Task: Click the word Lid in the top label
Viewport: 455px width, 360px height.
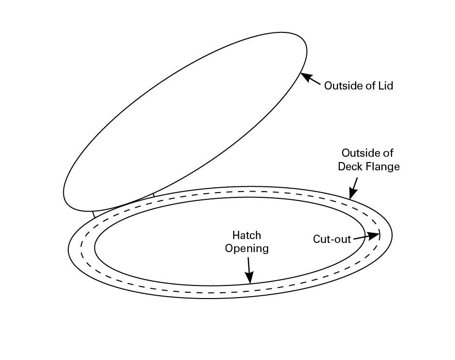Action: coord(385,86)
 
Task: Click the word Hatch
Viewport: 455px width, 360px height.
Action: coord(246,236)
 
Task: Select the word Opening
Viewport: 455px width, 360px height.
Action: coord(246,249)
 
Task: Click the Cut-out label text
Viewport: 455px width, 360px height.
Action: coord(332,240)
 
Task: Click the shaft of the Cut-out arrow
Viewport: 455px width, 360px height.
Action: coord(361,238)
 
